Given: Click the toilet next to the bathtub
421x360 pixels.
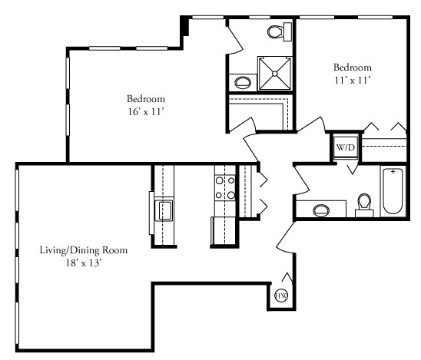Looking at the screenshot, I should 364,204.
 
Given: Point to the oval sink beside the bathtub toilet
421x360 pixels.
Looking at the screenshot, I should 320,208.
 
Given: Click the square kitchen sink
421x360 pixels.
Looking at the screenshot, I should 165,210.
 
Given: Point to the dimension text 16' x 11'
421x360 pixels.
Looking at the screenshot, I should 145,112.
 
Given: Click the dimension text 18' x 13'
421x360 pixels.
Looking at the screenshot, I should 83,263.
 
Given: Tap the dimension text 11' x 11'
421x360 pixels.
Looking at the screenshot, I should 352,80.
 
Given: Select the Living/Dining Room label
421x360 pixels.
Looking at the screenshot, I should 83,250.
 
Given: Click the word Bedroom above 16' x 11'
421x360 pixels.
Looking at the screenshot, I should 145,99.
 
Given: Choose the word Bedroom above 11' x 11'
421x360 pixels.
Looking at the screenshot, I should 352,67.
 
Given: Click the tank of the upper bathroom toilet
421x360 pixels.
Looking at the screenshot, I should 287,31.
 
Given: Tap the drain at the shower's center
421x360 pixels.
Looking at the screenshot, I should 273,74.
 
